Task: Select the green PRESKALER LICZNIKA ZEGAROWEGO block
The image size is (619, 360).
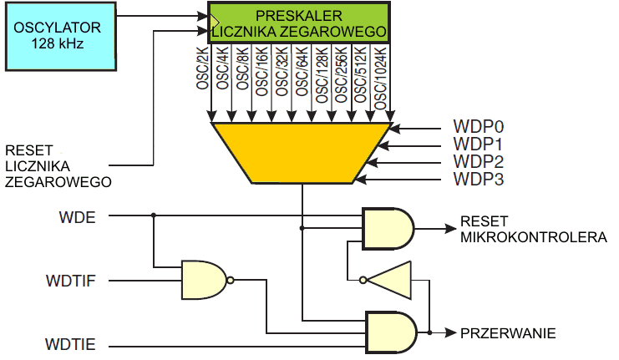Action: pos(298,23)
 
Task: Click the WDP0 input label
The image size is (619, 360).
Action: pos(479,128)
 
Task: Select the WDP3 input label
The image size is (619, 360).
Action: pos(479,178)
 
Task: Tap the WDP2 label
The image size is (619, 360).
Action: pos(479,161)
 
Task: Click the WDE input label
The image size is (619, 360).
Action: pos(77,217)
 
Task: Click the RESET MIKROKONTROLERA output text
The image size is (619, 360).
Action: pos(532,231)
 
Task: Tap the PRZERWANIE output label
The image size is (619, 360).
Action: pos(508,333)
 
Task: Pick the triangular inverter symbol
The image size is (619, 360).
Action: pos(391,280)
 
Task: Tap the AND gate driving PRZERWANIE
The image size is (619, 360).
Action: pos(391,332)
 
